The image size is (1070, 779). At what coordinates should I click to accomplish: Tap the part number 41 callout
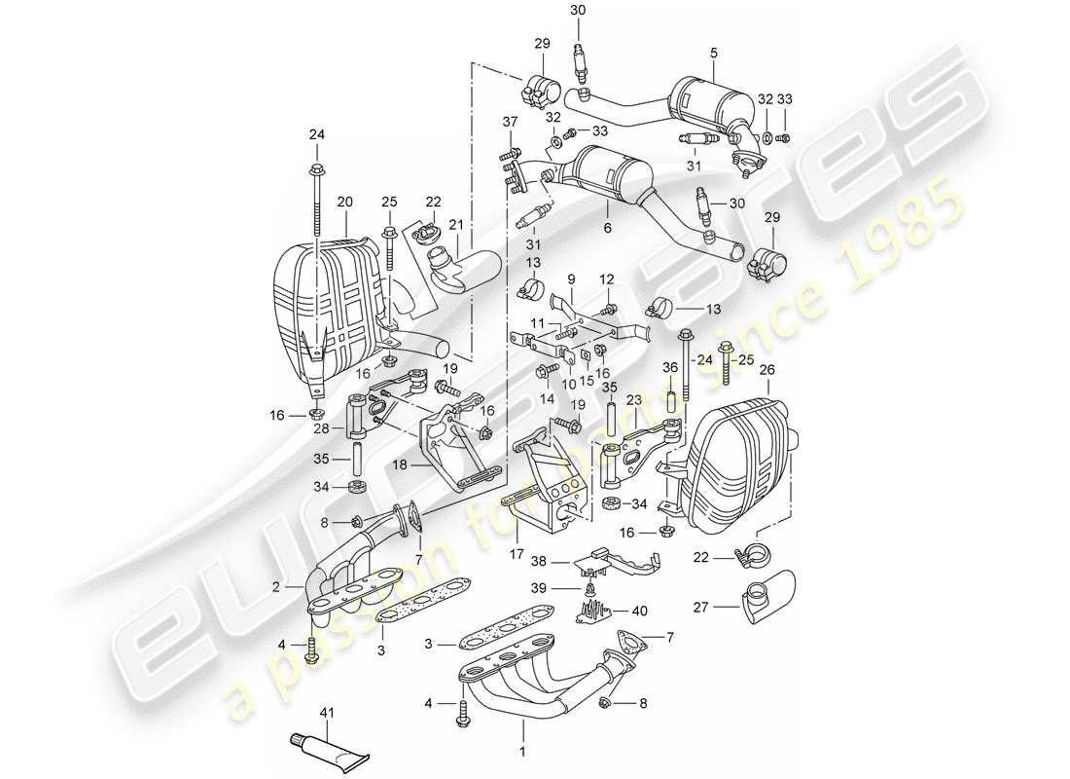click(326, 714)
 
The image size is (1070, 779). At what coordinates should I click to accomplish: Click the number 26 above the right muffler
click(767, 370)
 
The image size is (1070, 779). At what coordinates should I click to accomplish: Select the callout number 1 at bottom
click(522, 752)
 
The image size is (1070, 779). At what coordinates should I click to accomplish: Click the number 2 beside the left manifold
click(276, 587)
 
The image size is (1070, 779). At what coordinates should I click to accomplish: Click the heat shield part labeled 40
click(594, 611)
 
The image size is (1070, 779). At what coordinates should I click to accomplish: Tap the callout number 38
click(538, 562)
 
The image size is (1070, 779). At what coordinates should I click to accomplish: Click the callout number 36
click(669, 367)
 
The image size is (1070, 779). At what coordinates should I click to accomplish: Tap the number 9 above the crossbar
click(573, 277)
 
